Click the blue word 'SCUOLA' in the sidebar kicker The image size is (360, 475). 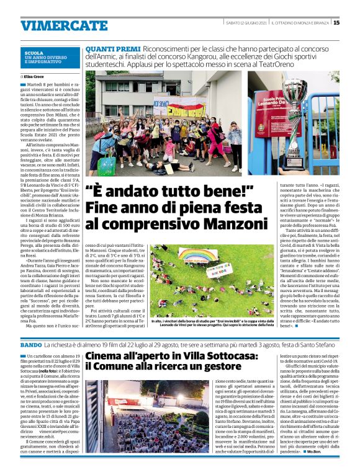(34, 53)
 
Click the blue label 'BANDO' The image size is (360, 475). (31, 344)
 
